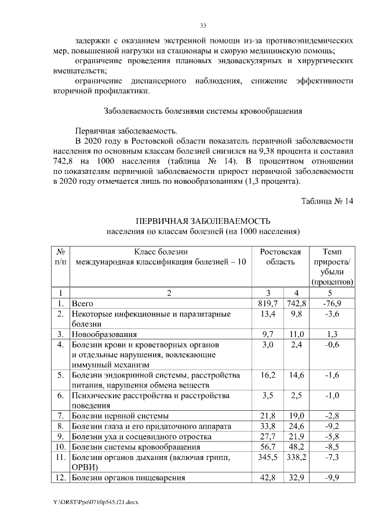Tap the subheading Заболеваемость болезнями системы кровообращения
click(202, 111)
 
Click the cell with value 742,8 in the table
click(296, 303)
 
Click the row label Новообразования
click(104, 334)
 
